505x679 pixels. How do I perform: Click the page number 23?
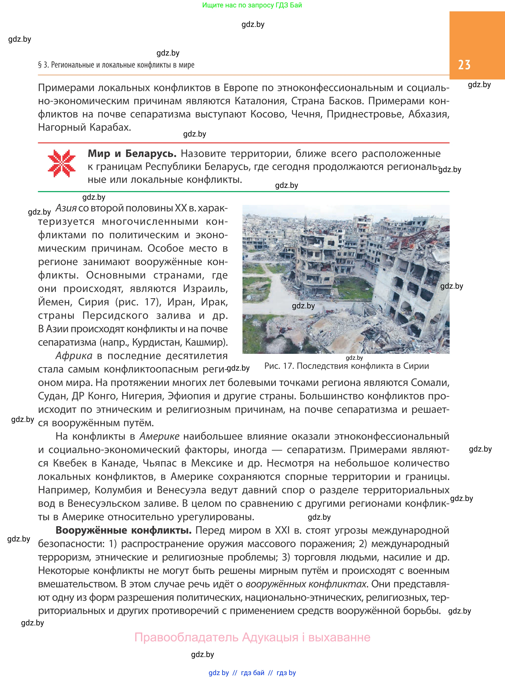[464, 65]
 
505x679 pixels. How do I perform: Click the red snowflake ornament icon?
[62, 163]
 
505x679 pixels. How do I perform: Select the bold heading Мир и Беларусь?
[132, 154]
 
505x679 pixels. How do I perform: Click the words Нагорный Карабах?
[84, 127]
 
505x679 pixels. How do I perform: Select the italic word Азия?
[66, 208]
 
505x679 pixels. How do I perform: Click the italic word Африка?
[74, 356]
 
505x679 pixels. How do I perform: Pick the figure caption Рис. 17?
[346, 366]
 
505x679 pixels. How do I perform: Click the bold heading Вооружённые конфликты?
[124, 530]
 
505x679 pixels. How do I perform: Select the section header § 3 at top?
[116, 65]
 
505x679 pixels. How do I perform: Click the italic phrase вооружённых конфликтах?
[306, 584]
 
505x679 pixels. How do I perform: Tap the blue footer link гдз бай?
[253, 673]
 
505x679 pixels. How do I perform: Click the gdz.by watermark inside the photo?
[303, 306]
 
